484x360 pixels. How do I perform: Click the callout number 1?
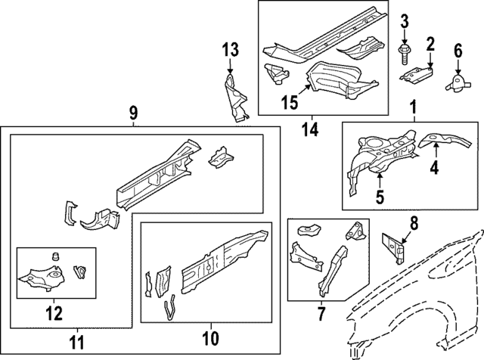(x=413, y=109)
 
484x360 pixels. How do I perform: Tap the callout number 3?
(x=404, y=20)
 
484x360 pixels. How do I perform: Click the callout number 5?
(x=380, y=197)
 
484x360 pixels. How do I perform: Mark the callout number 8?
(x=414, y=222)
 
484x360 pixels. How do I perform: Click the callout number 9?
(x=133, y=113)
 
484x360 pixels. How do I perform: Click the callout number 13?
(x=230, y=51)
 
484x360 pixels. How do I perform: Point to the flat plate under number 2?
(x=418, y=73)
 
